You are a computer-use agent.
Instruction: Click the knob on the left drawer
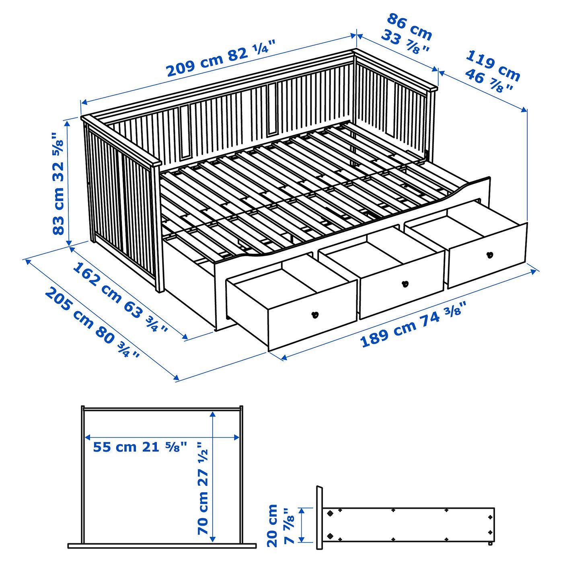[x=315, y=315]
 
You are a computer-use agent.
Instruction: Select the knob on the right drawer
[x=489, y=255]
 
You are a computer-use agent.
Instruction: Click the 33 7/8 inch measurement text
[x=405, y=43]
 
